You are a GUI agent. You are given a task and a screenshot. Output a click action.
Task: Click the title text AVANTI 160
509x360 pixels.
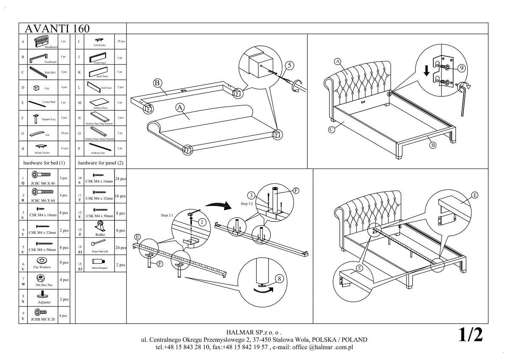[x=57, y=28]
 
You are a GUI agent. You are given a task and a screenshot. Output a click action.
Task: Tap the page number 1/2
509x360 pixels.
[x=470, y=335]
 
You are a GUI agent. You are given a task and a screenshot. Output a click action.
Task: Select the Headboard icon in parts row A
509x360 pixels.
[x=42, y=41]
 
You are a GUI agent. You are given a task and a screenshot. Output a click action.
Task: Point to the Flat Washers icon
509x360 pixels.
[x=42, y=260]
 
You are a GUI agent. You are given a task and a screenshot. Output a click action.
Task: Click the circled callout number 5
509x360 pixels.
[x=290, y=65]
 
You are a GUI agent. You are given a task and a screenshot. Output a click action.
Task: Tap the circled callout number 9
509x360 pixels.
[x=462, y=67]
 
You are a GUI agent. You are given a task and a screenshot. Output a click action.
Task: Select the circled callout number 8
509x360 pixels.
[x=279, y=279]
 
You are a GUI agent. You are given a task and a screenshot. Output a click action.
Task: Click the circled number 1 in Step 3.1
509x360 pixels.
[x=202, y=222]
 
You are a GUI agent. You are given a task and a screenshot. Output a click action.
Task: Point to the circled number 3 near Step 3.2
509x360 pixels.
[x=251, y=195]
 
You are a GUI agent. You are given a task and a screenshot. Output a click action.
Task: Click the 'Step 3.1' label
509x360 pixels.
[x=168, y=215]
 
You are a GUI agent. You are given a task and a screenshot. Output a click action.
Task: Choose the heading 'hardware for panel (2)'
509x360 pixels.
[x=101, y=163]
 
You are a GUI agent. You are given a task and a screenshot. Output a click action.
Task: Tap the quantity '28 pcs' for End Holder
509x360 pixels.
[x=120, y=41]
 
